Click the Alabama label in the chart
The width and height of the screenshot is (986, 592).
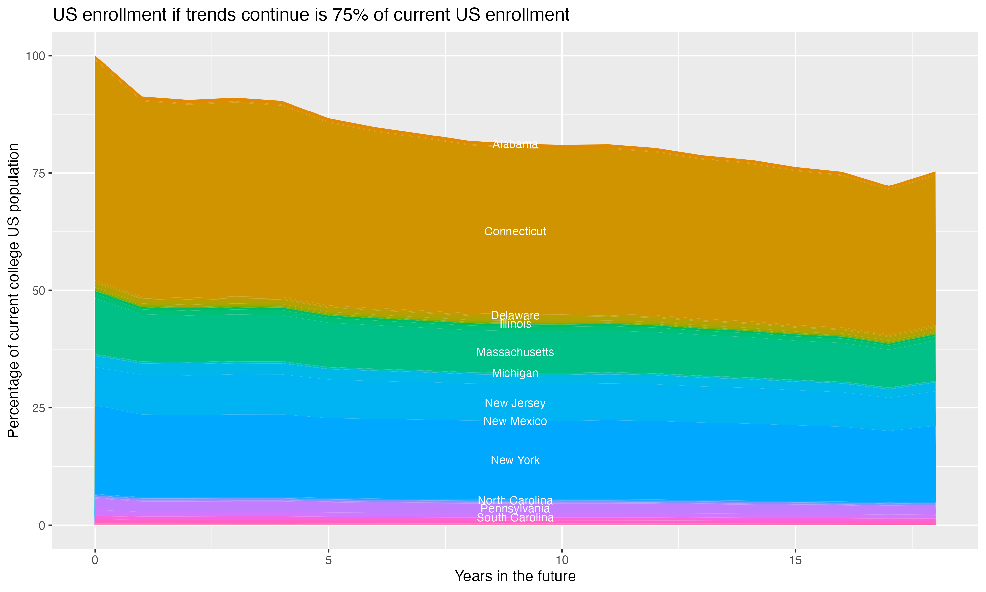click(515, 144)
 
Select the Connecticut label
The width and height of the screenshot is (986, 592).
click(515, 232)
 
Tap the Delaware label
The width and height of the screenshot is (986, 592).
click(515, 315)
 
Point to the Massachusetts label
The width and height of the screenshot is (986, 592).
click(515, 352)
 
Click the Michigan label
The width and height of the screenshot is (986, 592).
click(515, 373)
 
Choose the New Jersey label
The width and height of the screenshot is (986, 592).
click(515, 403)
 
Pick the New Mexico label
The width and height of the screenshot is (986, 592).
click(515, 421)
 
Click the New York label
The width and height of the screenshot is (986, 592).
click(515, 460)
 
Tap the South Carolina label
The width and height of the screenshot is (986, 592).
click(515, 518)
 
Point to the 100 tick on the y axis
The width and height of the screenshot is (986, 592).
click(35, 56)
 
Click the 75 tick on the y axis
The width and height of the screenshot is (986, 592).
click(39, 173)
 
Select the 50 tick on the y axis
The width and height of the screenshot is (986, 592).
click(39, 290)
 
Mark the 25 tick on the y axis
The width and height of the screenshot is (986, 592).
click(39, 408)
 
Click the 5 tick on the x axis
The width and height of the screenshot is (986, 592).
click(328, 560)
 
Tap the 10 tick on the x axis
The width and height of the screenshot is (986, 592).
click(562, 560)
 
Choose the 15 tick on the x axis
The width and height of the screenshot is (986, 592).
click(795, 560)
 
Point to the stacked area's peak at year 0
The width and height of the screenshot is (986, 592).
click(95, 56)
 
